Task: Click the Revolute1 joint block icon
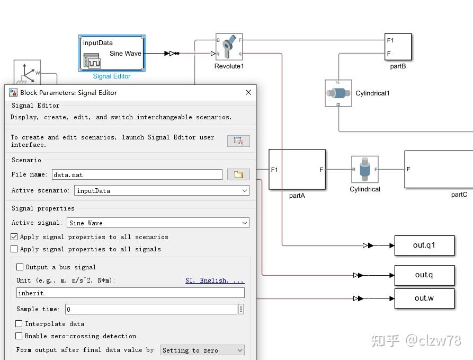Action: click(229, 47)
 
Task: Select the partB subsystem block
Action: click(398, 47)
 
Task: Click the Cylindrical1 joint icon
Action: click(338, 93)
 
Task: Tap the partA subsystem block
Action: click(297, 170)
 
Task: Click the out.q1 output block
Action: click(424, 245)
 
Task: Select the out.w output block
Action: click(424, 298)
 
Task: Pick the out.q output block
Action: click(424, 275)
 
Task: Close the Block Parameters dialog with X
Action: click(248, 92)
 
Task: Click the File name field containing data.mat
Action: click(137, 174)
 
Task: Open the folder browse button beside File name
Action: click(238, 174)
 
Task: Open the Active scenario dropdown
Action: click(161, 190)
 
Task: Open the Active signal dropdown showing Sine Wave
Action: click(157, 223)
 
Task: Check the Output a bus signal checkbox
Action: click(20, 267)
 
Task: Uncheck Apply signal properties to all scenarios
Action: click(14, 237)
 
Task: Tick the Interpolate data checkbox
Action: click(19, 324)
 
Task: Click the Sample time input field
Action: click(151, 309)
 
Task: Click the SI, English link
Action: click(215, 280)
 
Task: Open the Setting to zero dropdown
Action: click(202, 350)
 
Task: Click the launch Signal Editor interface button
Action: click(238, 141)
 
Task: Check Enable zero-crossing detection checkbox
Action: click(19, 336)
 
